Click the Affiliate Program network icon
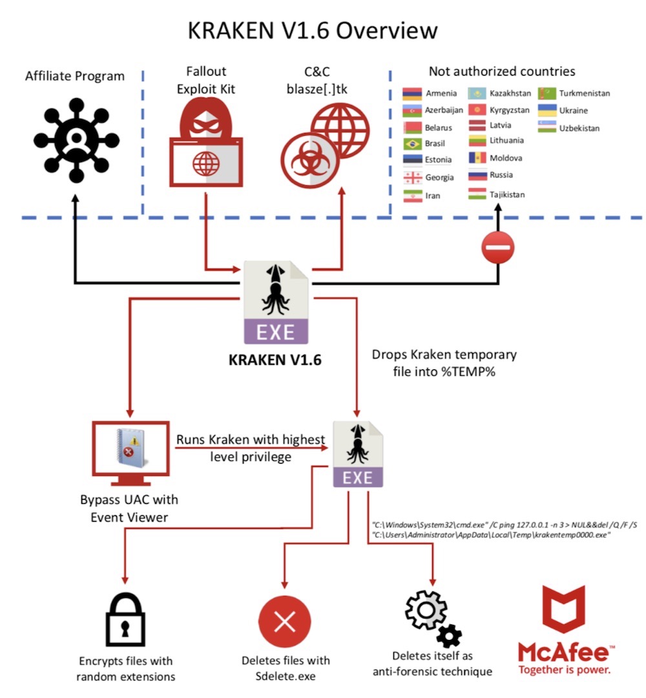76,137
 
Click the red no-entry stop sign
498,247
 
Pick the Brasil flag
412,144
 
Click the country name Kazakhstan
510,93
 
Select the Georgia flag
412,178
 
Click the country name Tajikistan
507,194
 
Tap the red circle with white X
284,621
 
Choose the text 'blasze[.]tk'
317,88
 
